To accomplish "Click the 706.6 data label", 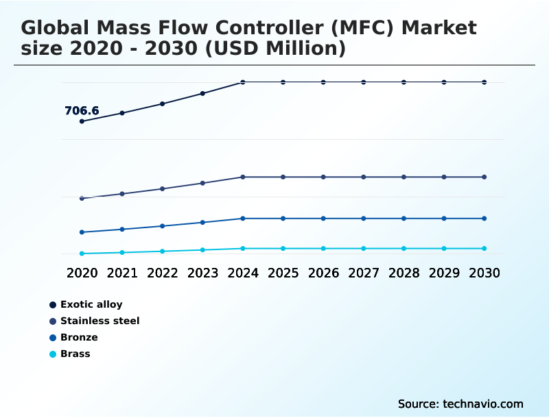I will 82,110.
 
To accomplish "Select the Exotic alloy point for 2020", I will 82,121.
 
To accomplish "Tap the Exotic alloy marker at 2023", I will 202,93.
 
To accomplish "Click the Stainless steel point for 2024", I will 243,177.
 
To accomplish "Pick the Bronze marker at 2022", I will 163,225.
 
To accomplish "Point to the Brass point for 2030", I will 484,248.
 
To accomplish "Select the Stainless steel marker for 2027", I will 364,177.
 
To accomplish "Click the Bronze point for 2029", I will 444,219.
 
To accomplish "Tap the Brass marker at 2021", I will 122,252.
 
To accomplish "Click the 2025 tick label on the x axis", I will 283,273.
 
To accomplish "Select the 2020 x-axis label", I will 82,273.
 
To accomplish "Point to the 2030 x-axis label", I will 484,273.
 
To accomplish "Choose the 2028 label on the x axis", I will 404,273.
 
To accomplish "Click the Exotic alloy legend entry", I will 91,304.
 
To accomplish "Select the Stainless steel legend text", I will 100,321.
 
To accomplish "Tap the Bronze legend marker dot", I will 53,338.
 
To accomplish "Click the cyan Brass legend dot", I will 53,354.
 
